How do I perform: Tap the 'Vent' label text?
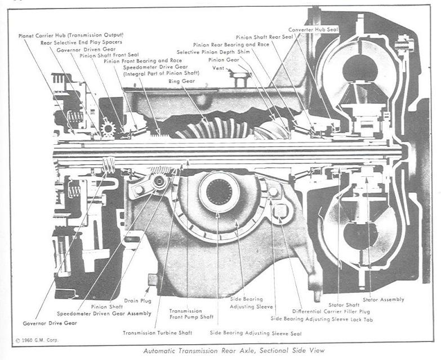pyautogui.click(x=218, y=68)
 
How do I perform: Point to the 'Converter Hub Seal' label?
pyautogui.click(x=313, y=29)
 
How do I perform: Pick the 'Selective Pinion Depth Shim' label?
pyautogui.click(x=215, y=52)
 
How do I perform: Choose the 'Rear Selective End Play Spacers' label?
pyautogui.click(x=81, y=42)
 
